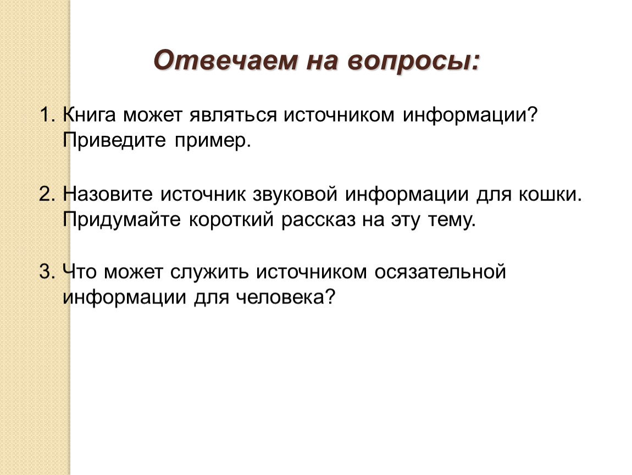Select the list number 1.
coord(47,115)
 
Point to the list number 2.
coord(47,195)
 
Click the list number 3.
coord(47,272)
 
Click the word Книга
coord(90,115)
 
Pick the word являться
coord(234,115)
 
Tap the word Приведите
coord(114,141)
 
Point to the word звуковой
coord(295,195)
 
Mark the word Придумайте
coord(121,220)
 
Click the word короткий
coord(231,220)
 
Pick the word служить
coord(209,273)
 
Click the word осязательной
coord(440,272)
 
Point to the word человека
coord(286,297)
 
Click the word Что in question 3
coord(80,272)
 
